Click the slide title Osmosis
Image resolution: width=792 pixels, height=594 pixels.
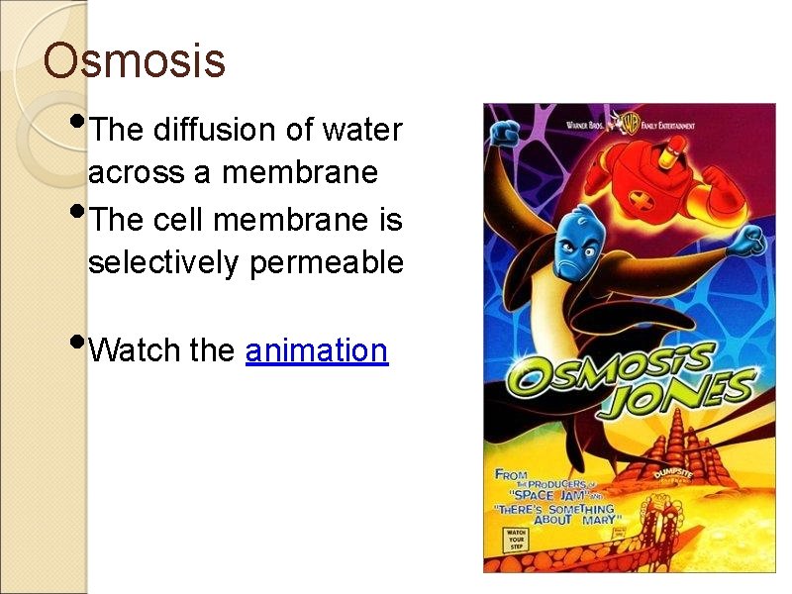click(135, 60)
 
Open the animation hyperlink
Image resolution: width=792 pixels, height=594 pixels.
click(316, 350)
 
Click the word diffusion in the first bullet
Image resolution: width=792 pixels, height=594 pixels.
click(214, 130)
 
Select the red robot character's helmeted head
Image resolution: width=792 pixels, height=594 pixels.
click(674, 149)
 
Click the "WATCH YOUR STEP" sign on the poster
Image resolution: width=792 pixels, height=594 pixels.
click(517, 540)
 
